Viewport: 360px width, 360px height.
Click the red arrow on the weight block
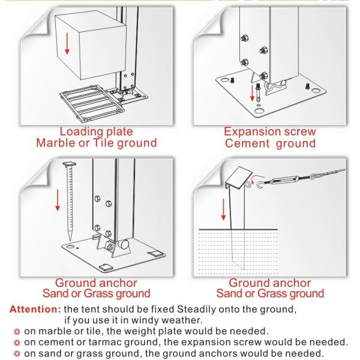(67, 44)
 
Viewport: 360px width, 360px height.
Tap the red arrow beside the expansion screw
(252, 93)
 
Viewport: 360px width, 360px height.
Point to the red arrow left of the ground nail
(58, 200)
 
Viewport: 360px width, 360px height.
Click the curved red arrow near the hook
(257, 179)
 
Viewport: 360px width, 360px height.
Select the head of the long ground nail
(70, 164)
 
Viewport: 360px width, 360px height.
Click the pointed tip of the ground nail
(70, 241)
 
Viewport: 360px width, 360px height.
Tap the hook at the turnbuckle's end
(260, 184)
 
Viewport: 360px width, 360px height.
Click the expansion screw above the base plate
(258, 93)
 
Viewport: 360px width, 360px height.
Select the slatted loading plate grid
(92, 102)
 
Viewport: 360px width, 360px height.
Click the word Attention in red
(35, 309)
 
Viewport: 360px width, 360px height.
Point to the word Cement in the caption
(247, 143)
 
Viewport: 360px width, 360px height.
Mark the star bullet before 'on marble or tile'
(17, 332)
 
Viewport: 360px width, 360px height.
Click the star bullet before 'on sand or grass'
(17, 353)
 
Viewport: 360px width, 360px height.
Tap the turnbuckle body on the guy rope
(284, 180)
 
